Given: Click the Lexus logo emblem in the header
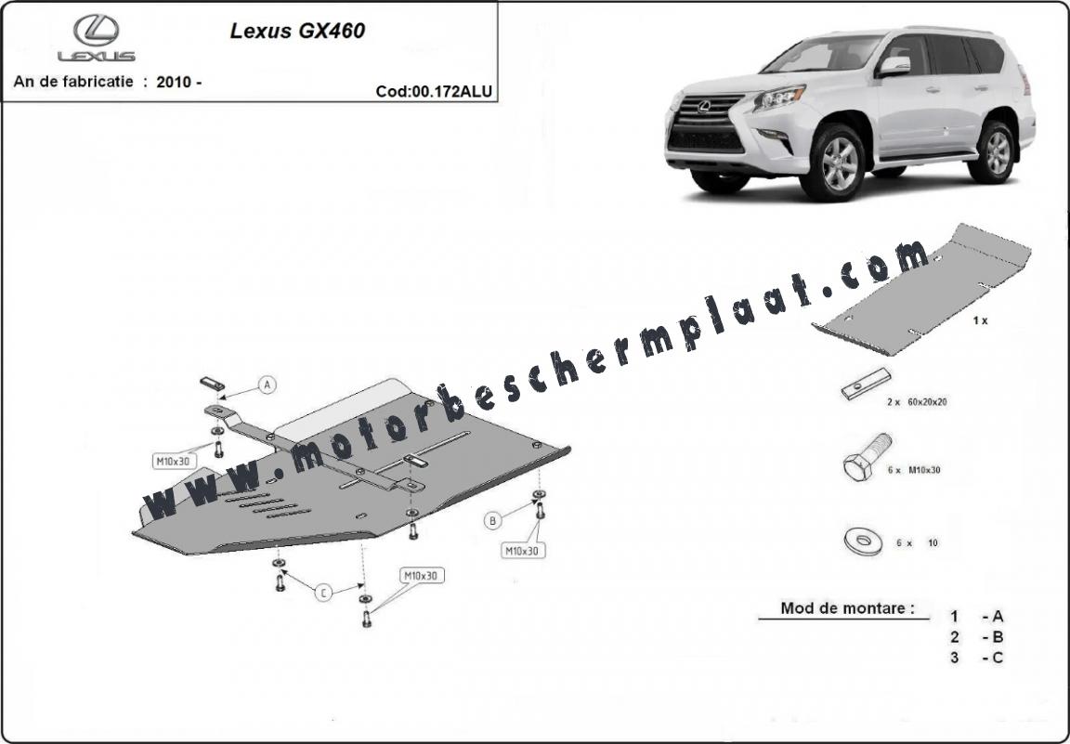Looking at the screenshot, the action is pyautogui.click(x=97, y=31).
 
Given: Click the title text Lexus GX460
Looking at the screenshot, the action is pyautogui.click(x=297, y=31).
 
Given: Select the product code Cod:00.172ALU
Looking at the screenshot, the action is pyautogui.click(x=434, y=91).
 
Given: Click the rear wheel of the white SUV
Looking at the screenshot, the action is pyautogui.click(x=997, y=152).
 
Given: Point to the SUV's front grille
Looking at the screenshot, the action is pyautogui.click(x=706, y=123).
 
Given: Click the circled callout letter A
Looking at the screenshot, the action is pyautogui.click(x=267, y=385).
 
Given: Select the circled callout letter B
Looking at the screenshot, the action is pyautogui.click(x=492, y=521).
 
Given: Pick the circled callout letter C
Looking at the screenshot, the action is pyautogui.click(x=323, y=593).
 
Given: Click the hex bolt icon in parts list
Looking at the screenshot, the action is pyautogui.click(x=868, y=457).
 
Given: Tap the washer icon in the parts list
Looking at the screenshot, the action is pyautogui.click(x=863, y=542).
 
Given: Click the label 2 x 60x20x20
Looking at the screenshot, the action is pyautogui.click(x=917, y=402).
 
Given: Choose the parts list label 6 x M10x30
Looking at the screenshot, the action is pyautogui.click(x=914, y=470).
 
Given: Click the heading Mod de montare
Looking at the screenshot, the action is pyautogui.click(x=847, y=607).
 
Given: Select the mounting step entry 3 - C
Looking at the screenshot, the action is pyautogui.click(x=977, y=658).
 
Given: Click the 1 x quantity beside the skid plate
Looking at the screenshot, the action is pyautogui.click(x=980, y=320).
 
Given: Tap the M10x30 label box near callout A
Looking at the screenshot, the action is pyautogui.click(x=174, y=462).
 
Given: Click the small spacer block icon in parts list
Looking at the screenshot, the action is pyautogui.click(x=867, y=384).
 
